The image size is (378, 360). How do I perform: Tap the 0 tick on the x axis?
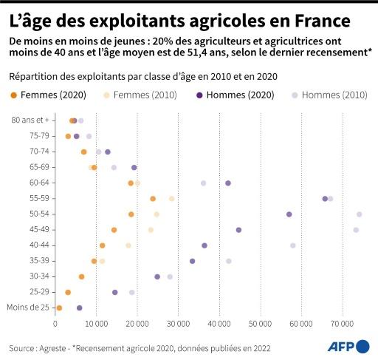pos(55,324)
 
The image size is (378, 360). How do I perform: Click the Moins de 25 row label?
pos(28,308)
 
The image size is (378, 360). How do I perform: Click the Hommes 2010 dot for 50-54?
pos(360,214)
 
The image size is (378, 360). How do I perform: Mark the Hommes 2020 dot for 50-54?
pos(289,214)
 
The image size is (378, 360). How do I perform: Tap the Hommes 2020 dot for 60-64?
pos(228,183)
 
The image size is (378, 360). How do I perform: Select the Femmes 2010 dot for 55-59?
pos(172,199)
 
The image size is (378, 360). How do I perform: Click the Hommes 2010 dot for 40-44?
pos(293,245)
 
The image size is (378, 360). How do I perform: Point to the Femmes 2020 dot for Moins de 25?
pos(59,308)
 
